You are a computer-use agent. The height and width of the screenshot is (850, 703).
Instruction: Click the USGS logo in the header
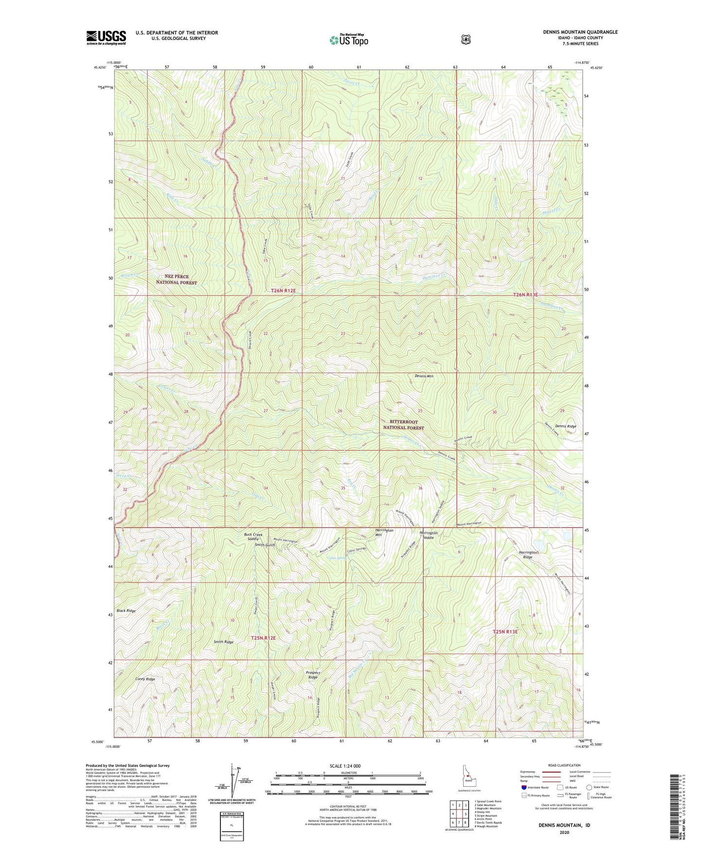(106, 37)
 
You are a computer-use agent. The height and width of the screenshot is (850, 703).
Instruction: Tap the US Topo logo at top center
(348, 40)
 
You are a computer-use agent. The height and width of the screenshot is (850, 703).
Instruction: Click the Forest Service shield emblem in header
(466, 39)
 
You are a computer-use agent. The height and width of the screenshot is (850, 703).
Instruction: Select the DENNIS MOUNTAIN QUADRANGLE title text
(580, 32)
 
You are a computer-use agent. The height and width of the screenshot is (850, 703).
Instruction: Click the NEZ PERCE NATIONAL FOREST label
(176, 279)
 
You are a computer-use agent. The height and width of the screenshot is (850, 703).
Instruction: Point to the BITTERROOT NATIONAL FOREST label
(403, 425)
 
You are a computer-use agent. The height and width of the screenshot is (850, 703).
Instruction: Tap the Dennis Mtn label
(424, 376)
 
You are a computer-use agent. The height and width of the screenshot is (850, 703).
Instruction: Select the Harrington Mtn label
(384, 533)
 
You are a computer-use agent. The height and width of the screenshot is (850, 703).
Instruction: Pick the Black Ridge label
(126, 610)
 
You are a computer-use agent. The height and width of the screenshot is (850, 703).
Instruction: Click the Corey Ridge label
(145, 679)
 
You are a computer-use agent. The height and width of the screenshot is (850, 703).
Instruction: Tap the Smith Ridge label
(223, 642)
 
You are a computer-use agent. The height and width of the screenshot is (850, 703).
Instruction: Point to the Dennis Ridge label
(565, 426)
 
